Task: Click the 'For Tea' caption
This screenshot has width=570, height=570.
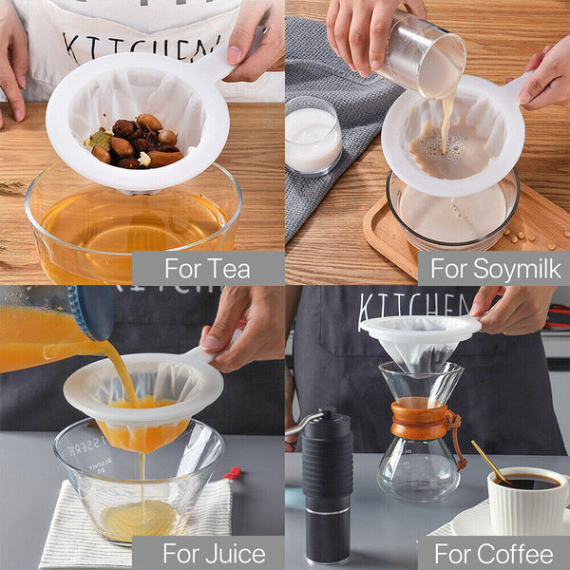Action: (208, 268)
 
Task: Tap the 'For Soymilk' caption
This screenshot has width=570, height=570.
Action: (494, 268)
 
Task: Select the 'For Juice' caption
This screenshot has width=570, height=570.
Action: (208, 553)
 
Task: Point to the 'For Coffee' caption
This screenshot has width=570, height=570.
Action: (494, 553)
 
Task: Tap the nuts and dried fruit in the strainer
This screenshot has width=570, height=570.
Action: (133, 142)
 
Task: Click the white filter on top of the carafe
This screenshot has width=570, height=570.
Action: (419, 337)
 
